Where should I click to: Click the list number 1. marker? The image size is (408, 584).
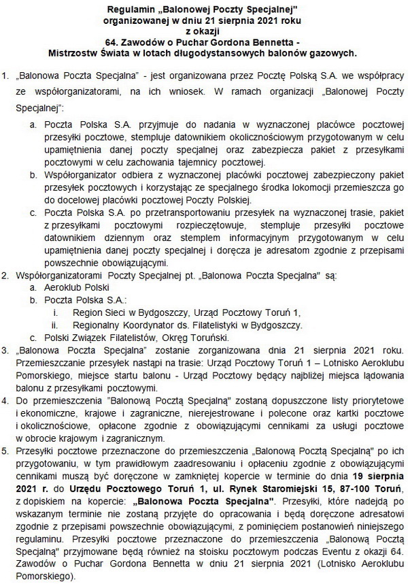point(7,73)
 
